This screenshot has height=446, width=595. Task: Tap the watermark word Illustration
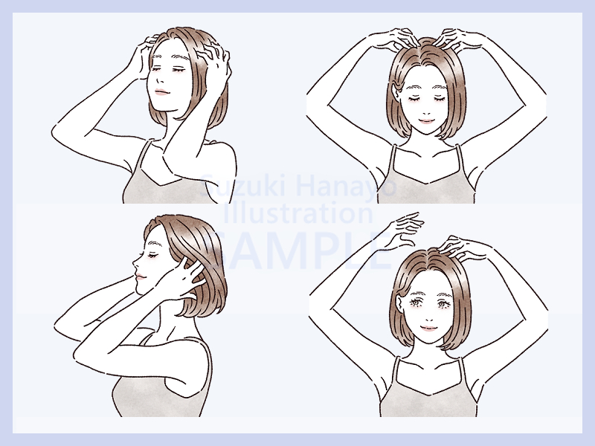click(298, 213)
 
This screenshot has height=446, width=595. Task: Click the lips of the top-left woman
click(161, 92)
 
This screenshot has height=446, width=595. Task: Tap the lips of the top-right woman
click(426, 121)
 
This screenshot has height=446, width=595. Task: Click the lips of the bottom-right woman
click(428, 328)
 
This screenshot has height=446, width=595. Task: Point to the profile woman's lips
click(140, 277)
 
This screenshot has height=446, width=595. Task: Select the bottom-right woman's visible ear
click(399, 303)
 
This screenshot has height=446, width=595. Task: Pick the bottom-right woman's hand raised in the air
click(406, 227)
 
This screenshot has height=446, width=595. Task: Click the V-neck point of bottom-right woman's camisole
click(431, 395)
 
